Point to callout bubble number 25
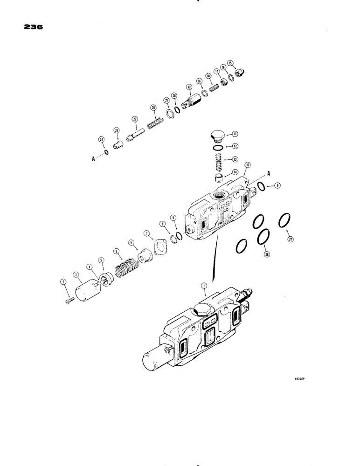pos(152,108)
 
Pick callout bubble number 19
pos(189,87)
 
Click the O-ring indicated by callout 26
pos(263,237)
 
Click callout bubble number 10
pos(247,165)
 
